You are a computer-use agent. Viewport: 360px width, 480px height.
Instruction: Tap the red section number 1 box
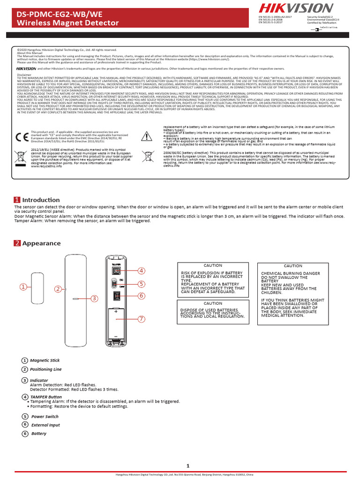click(17, 200)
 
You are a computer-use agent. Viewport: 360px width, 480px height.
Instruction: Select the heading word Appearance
click(41, 243)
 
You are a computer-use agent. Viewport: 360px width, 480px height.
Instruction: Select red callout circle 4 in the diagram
click(141, 271)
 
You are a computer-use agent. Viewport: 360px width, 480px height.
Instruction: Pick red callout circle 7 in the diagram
click(141, 319)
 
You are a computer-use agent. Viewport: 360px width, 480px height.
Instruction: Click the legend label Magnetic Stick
click(45, 360)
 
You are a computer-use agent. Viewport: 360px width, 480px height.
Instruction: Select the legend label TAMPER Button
click(46, 397)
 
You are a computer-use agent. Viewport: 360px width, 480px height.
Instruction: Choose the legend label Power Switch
click(45, 416)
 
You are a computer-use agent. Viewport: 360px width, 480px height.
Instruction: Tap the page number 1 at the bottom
click(187, 465)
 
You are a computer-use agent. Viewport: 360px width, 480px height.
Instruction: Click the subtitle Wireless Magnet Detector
click(68, 23)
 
